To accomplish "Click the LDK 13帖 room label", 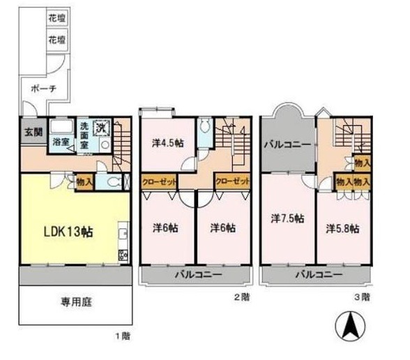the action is (x=68, y=232).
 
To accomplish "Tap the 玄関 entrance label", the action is (x=33, y=132).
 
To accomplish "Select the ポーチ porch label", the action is (x=44, y=89).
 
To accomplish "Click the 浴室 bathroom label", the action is (x=61, y=142).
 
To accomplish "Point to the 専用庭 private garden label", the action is (x=76, y=303).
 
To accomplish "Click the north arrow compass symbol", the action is (x=350, y=326).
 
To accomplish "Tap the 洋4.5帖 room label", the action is (x=168, y=143).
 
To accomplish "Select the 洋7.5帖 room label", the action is (x=287, y=218).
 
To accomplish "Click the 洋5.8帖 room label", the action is (x=342, y=229).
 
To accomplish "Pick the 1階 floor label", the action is (x=123, y=336).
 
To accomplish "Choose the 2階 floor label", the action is (x=242, y=297).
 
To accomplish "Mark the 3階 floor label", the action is (x=362, y=297).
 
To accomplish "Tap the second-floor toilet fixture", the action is (x=204, y=127).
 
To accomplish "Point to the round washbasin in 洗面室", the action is (x=106, y=144).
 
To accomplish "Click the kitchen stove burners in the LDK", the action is (x=123, y=255).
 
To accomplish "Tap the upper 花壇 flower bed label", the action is (x=57, y=19).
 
